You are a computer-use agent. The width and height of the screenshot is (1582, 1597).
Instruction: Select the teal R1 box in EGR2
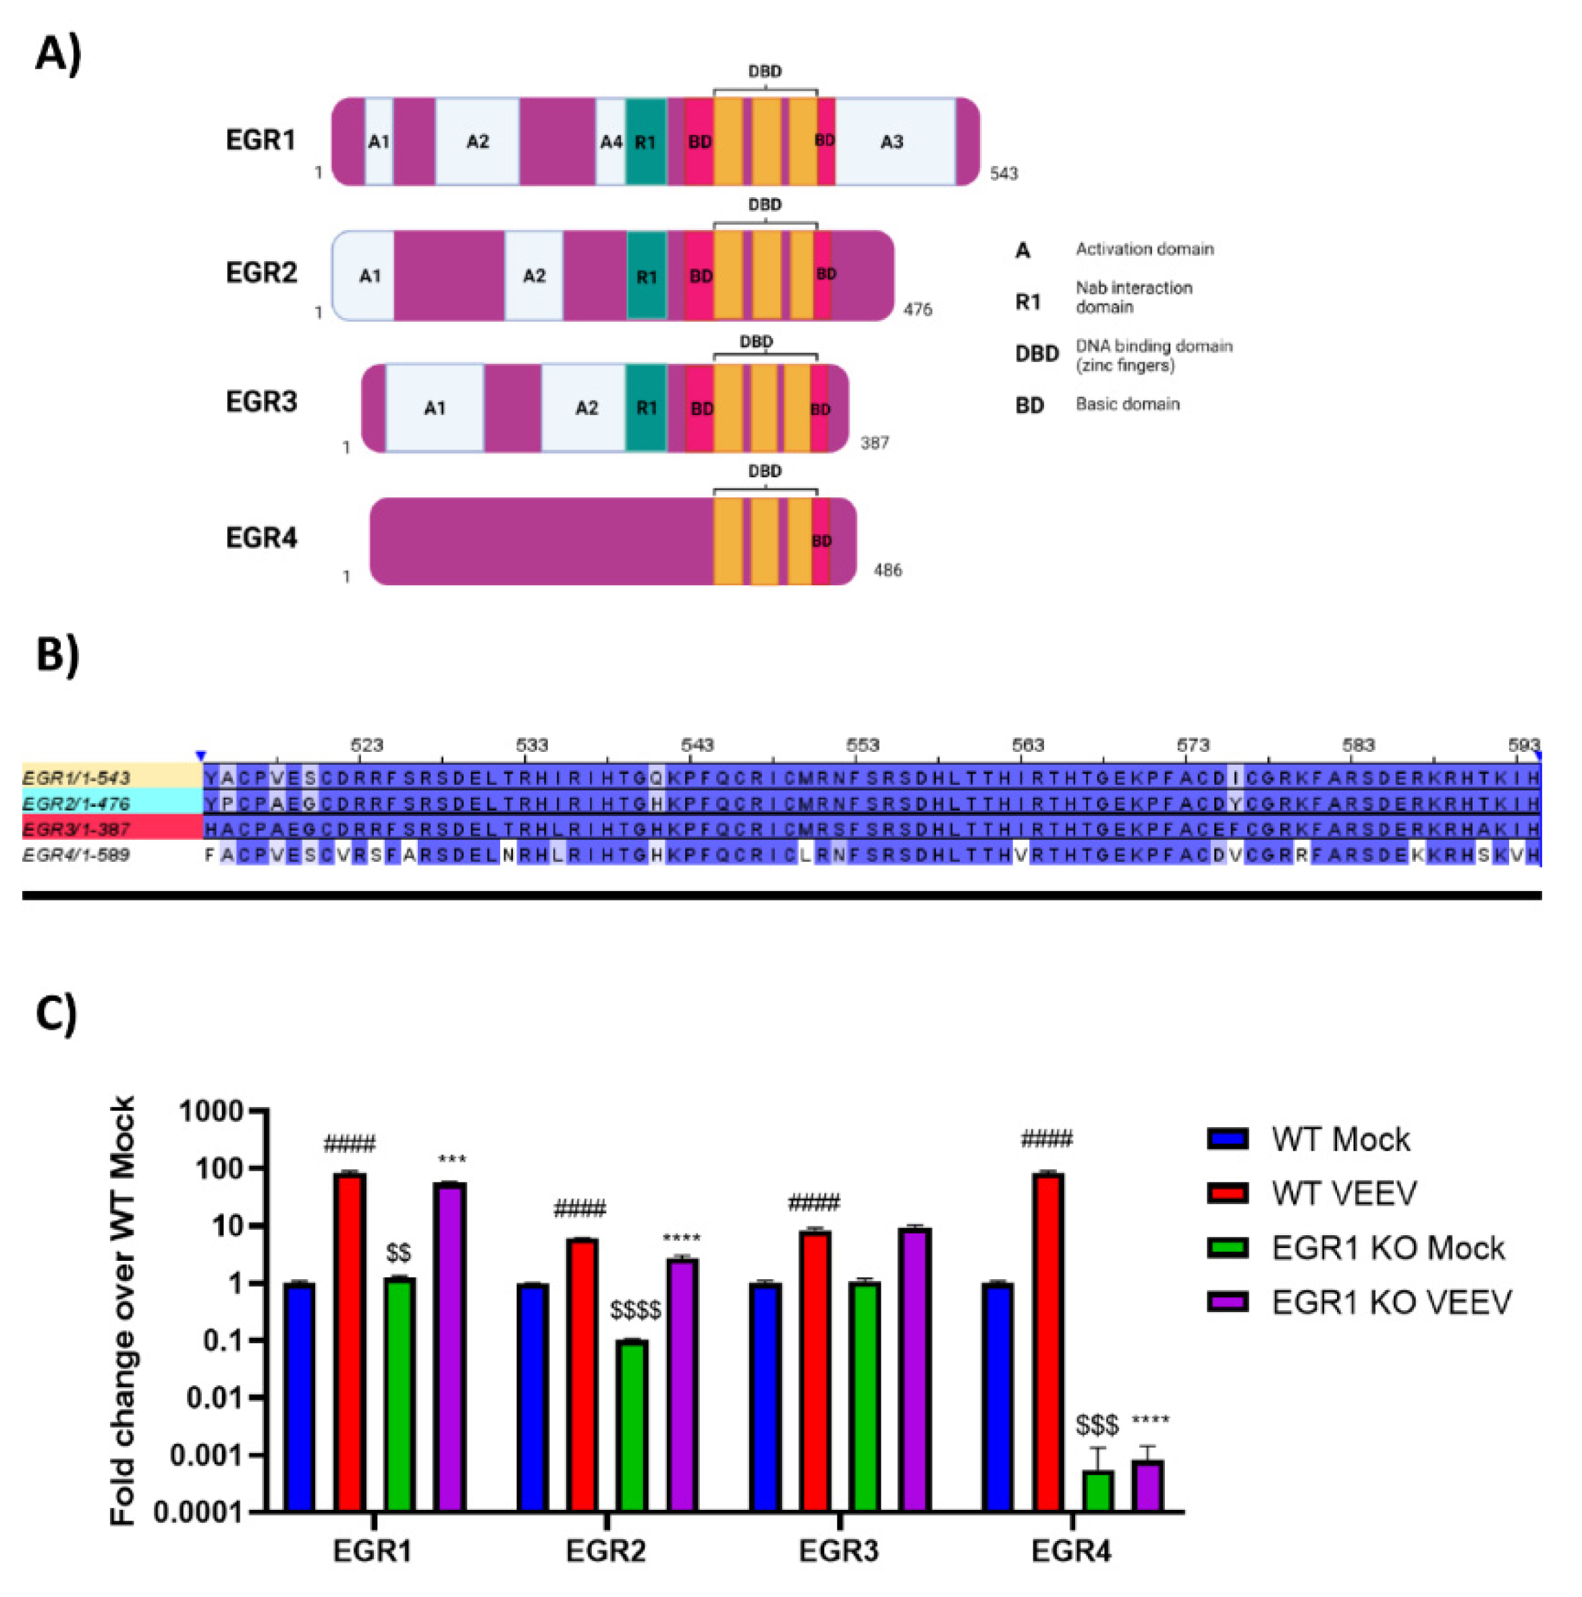(x=647, y=276)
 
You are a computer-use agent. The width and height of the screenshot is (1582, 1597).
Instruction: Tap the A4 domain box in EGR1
(x=611, y=141)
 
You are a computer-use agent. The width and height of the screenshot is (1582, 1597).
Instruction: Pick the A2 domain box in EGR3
(x=585, y=408)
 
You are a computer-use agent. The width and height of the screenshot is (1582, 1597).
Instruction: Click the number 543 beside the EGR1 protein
(x=1004, y=173)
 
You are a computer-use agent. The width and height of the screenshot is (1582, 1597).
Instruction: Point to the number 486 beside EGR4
(x=888, y=570)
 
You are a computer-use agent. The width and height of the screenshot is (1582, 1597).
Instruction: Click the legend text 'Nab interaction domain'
(x=1133, y=298)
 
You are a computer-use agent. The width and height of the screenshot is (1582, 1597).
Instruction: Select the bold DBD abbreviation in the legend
(x=1037, y=354)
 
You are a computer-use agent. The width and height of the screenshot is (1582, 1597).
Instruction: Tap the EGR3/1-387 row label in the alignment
(x=77, y=828)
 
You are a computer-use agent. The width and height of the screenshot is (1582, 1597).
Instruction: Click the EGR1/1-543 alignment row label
(x=77, y=778)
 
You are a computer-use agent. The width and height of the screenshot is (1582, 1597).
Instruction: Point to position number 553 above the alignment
(x=862, y=746)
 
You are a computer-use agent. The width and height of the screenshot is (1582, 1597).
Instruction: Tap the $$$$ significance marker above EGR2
(x=635, y=1309)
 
